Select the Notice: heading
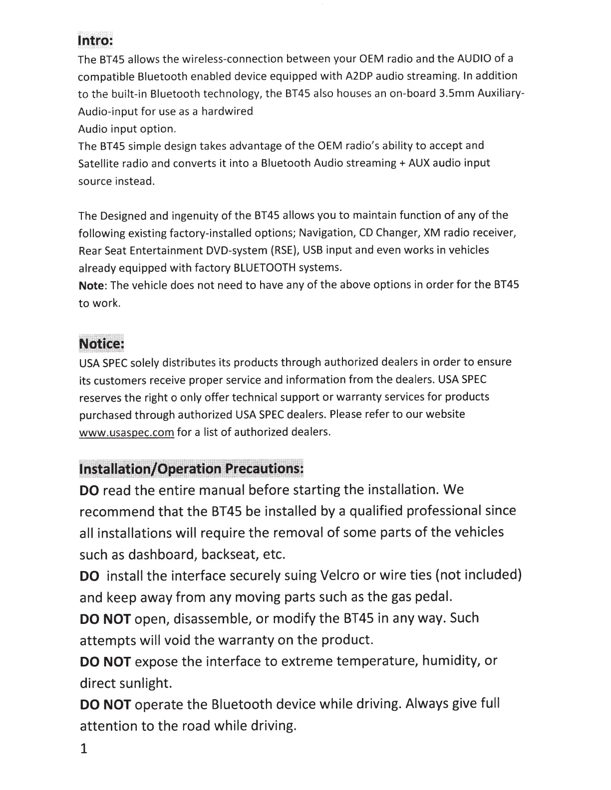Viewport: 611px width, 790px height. click(x=101, y=344)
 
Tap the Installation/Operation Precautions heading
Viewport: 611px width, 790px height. click(x=191, y=469)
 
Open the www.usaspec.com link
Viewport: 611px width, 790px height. click(x=127, y=432)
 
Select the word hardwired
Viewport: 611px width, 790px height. click(x=228, y=111)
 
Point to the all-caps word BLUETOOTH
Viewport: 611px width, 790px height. click(x=264, y=268)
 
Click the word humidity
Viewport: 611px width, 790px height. click(x=450, y=661)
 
